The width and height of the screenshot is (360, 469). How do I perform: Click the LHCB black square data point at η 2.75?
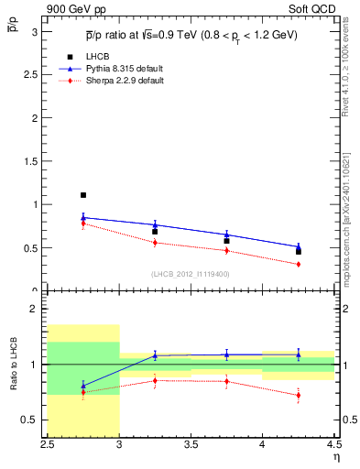click(83, 195)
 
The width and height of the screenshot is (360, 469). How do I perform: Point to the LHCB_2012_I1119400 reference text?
click(190, 274)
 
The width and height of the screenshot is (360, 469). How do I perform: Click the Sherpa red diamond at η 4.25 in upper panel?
click(298, 264)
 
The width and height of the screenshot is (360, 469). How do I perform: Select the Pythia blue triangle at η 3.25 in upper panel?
click(155, 224)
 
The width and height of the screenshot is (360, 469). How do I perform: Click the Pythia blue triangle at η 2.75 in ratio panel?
click(83, 385)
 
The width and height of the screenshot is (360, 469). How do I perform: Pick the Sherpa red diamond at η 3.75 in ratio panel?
click(226, 382)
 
